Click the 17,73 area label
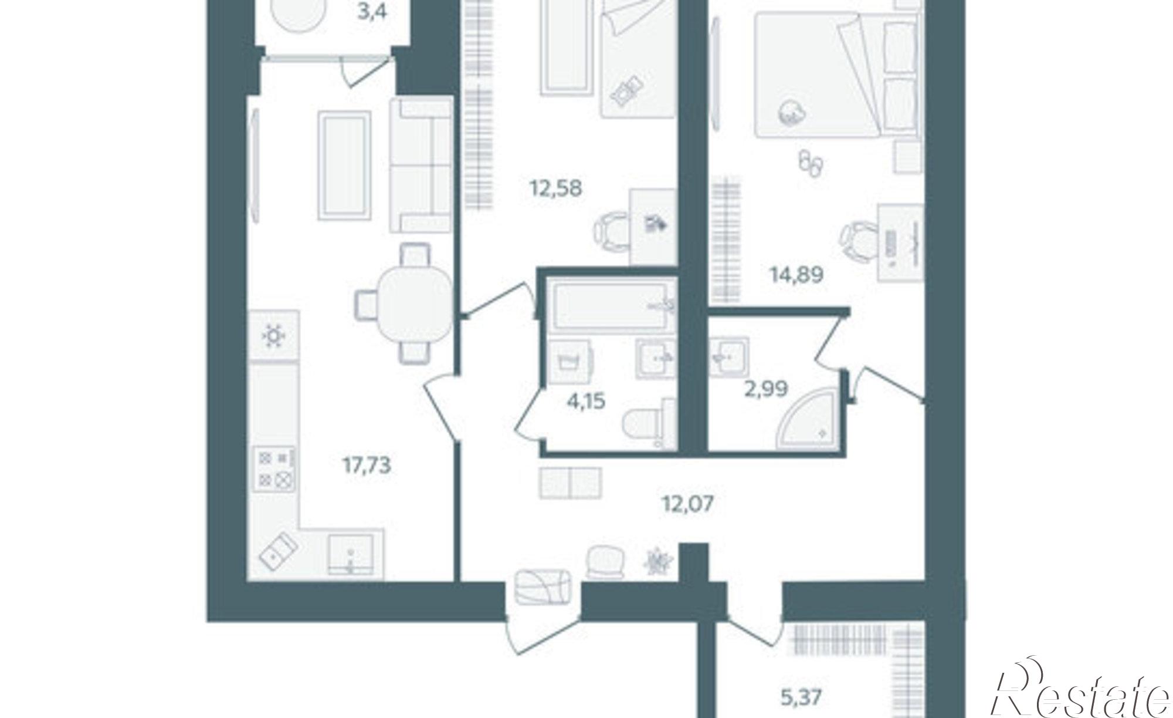(x=367, y=466)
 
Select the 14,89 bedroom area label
(x=796, y=274)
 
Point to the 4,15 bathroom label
(x=586, y=402)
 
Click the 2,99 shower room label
(x=766, y=389)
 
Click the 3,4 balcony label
(x=372, y=11)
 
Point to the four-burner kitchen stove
(x=274, y=467)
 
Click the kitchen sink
(x=350, y=553)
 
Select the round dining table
(x=414, y=304)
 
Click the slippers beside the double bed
(x=811, y=163)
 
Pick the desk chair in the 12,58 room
(x=612, y=231)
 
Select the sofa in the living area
(x=421, y=166)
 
